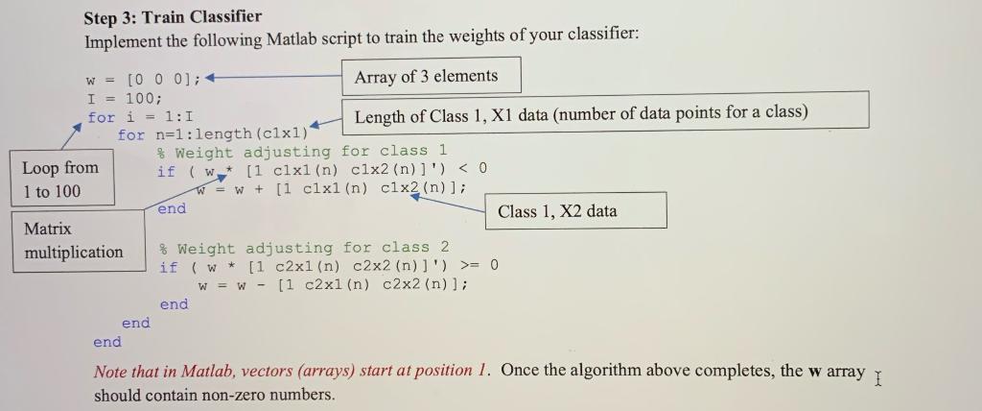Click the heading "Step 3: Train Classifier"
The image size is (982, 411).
[x=173, y=17]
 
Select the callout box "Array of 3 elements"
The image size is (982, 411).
[x=426, y=77]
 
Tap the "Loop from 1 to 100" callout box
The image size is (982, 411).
[x=61, y=179]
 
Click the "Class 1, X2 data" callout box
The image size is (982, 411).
[x=557, y=211]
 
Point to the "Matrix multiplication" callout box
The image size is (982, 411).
[x=74, y=240]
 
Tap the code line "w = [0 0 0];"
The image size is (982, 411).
[x=144, y=79]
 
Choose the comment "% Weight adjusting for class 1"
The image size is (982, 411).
[x=303, y=152]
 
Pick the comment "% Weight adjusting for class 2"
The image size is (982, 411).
[x=304, y=248]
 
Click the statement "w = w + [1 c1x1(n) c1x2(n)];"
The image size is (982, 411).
[x=331, y=189]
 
